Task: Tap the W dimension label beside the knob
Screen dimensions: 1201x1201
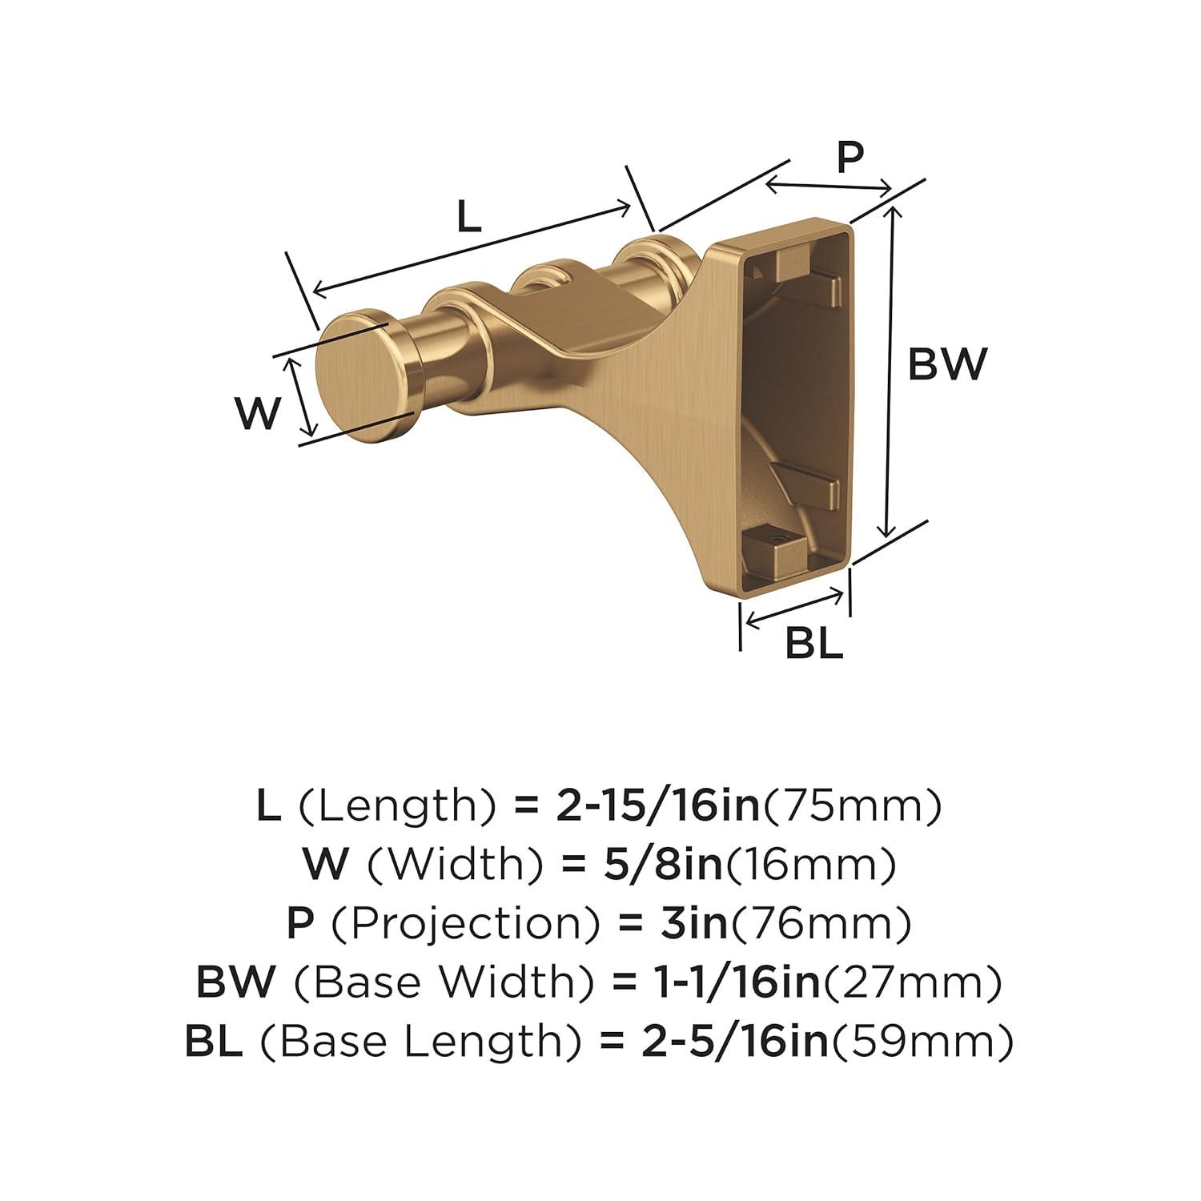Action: [x=259, y=413]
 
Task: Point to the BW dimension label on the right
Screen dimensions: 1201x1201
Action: [x=948, y=365]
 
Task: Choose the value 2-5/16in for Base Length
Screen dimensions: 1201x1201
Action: [x=737, y=1040]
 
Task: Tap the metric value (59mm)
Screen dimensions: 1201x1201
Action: [x=920, y=1040]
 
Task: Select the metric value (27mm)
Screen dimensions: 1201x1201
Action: [x=911, y=982]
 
